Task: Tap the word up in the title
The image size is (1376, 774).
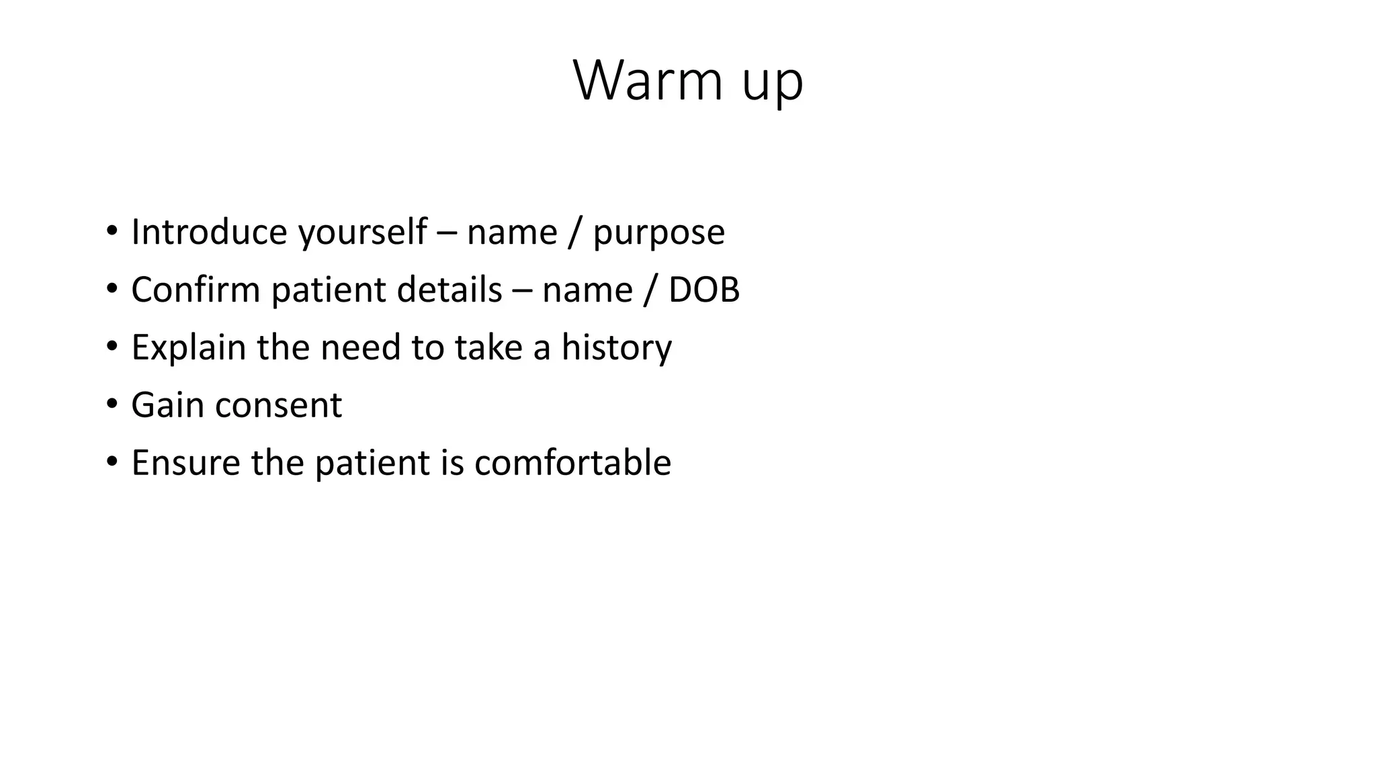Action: [x=773, y=84]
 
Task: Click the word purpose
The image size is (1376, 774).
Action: [x=658, y=234]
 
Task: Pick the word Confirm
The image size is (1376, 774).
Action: [x=196, y=290]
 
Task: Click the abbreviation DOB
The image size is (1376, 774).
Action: [x=703, y=290]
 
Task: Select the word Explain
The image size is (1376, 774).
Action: [x=188, y=348]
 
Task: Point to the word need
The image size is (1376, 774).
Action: [x=360, y=348]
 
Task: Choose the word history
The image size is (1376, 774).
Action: [x=616, y=348]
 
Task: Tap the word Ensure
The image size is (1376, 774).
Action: [x=185, y=464]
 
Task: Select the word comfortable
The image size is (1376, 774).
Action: [x=572, y=464]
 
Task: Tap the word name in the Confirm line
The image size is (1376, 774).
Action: [x=587, y=292]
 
